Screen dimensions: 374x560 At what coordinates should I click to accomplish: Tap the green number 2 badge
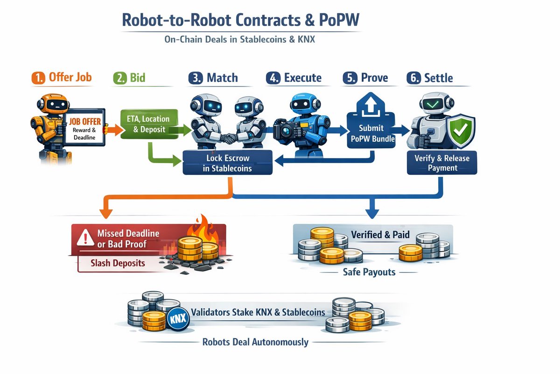click(x=119, y=78)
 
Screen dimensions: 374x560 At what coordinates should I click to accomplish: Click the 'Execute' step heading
click(x=302, y=78)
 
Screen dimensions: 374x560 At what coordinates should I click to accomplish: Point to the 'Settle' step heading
click(x=438, y=78)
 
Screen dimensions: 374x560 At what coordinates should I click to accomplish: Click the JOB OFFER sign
click(x=84, y=127)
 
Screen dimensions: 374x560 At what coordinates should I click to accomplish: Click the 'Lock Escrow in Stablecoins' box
click(x=227, y=163)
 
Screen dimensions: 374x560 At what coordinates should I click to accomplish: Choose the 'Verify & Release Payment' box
click(x=442, y=163)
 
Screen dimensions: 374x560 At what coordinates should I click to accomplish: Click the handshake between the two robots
click(x=229, y=138)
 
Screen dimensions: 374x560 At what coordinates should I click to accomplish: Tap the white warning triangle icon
click(x=84, y=239)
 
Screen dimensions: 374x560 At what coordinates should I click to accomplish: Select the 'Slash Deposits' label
click(x=118, y=263)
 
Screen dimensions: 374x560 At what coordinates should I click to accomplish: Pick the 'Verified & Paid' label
click(x=380, y=235)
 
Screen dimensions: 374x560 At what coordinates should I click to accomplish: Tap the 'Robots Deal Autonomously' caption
click(x=255, y=342)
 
